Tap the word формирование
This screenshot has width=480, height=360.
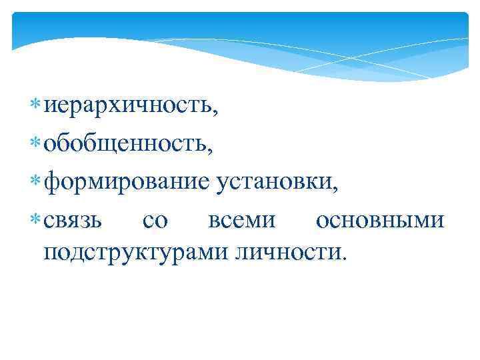pos(127,181)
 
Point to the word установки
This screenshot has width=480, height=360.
pos(273,181)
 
